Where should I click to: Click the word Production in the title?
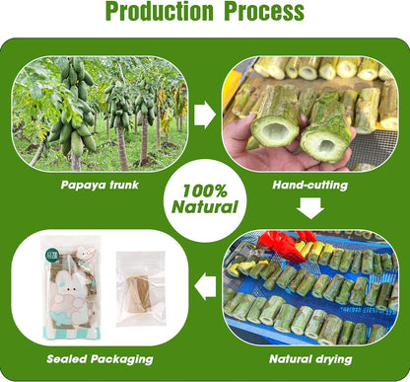point(160,11)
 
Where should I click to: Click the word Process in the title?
point(264,11)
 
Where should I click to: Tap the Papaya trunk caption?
point(100,185)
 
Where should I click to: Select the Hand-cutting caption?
point(310,185)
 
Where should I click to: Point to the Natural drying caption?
point(310,359)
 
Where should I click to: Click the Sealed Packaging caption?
point(100,359)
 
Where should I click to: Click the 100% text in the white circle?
point(205,191)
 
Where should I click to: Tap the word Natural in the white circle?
point(205,207)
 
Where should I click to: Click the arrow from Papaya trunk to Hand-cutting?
point(205,115)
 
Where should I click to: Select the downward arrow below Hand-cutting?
point(310,208)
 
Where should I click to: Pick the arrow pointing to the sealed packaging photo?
point(205,286)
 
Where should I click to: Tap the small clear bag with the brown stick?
point(141,289)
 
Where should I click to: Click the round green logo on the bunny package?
point(51,256)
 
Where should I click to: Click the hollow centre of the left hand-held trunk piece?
point(275,130)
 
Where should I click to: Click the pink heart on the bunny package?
point(86,254)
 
